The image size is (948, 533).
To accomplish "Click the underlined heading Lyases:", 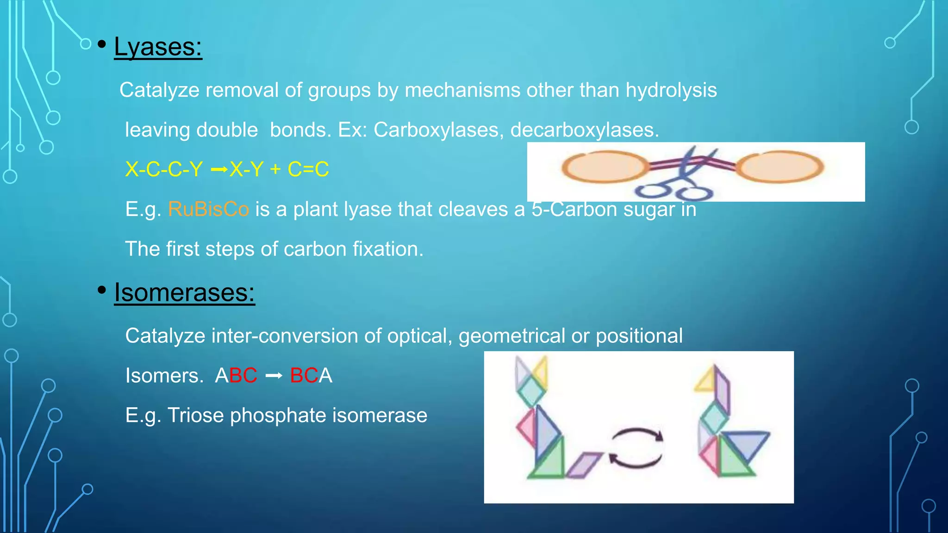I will [158, 47].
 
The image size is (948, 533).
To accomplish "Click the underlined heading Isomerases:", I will [184, 293].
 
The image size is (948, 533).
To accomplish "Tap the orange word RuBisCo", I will [208, 210].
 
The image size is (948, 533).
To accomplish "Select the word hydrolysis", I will [671, 90].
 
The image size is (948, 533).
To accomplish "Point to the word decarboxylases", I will [584, 130].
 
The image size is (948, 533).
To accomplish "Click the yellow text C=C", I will [308, 169].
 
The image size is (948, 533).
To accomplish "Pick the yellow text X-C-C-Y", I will [164, 169].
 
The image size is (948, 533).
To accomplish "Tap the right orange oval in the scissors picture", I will [780, 167].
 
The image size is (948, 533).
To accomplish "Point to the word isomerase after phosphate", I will [380, 415].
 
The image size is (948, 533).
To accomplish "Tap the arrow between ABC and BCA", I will [274, 376].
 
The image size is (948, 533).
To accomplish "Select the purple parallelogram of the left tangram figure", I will [583, 464].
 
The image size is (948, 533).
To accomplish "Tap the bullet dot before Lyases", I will [102, 44].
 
